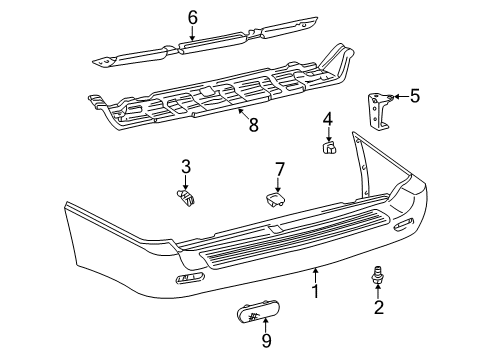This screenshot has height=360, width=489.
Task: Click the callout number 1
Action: click(x=315, y=293)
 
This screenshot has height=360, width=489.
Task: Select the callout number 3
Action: click(x=186, y=166)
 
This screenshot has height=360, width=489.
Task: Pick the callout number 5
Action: click(x=414, y=97)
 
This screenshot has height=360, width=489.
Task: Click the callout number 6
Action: click(x=192, y=16)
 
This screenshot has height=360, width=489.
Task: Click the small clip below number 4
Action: click(x=328, y=149)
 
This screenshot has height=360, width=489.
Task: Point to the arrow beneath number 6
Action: click(x=192, y=33)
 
